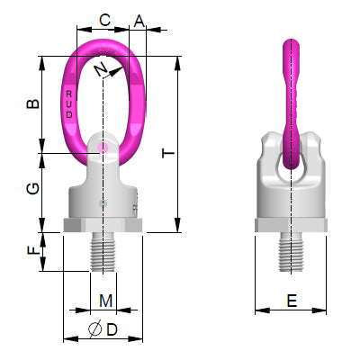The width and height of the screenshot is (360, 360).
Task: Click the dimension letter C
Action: [x=104, y=19]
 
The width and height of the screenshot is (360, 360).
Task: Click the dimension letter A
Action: [x=139, y=19]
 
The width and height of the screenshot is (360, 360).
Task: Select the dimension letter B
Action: [x=32, y=104]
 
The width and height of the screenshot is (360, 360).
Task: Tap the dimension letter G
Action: [x=32, y=188]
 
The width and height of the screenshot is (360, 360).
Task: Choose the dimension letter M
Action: [x=105, y=299]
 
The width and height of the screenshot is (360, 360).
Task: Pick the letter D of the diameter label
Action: [x=112, y=330]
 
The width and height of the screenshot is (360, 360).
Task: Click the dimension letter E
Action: [x=292, y=302]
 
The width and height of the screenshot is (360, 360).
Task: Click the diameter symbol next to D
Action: [x=94, y=330]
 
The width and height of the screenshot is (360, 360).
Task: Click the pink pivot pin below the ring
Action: [x=104, y=147]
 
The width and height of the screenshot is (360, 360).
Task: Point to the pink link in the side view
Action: [x=290, y=99]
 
